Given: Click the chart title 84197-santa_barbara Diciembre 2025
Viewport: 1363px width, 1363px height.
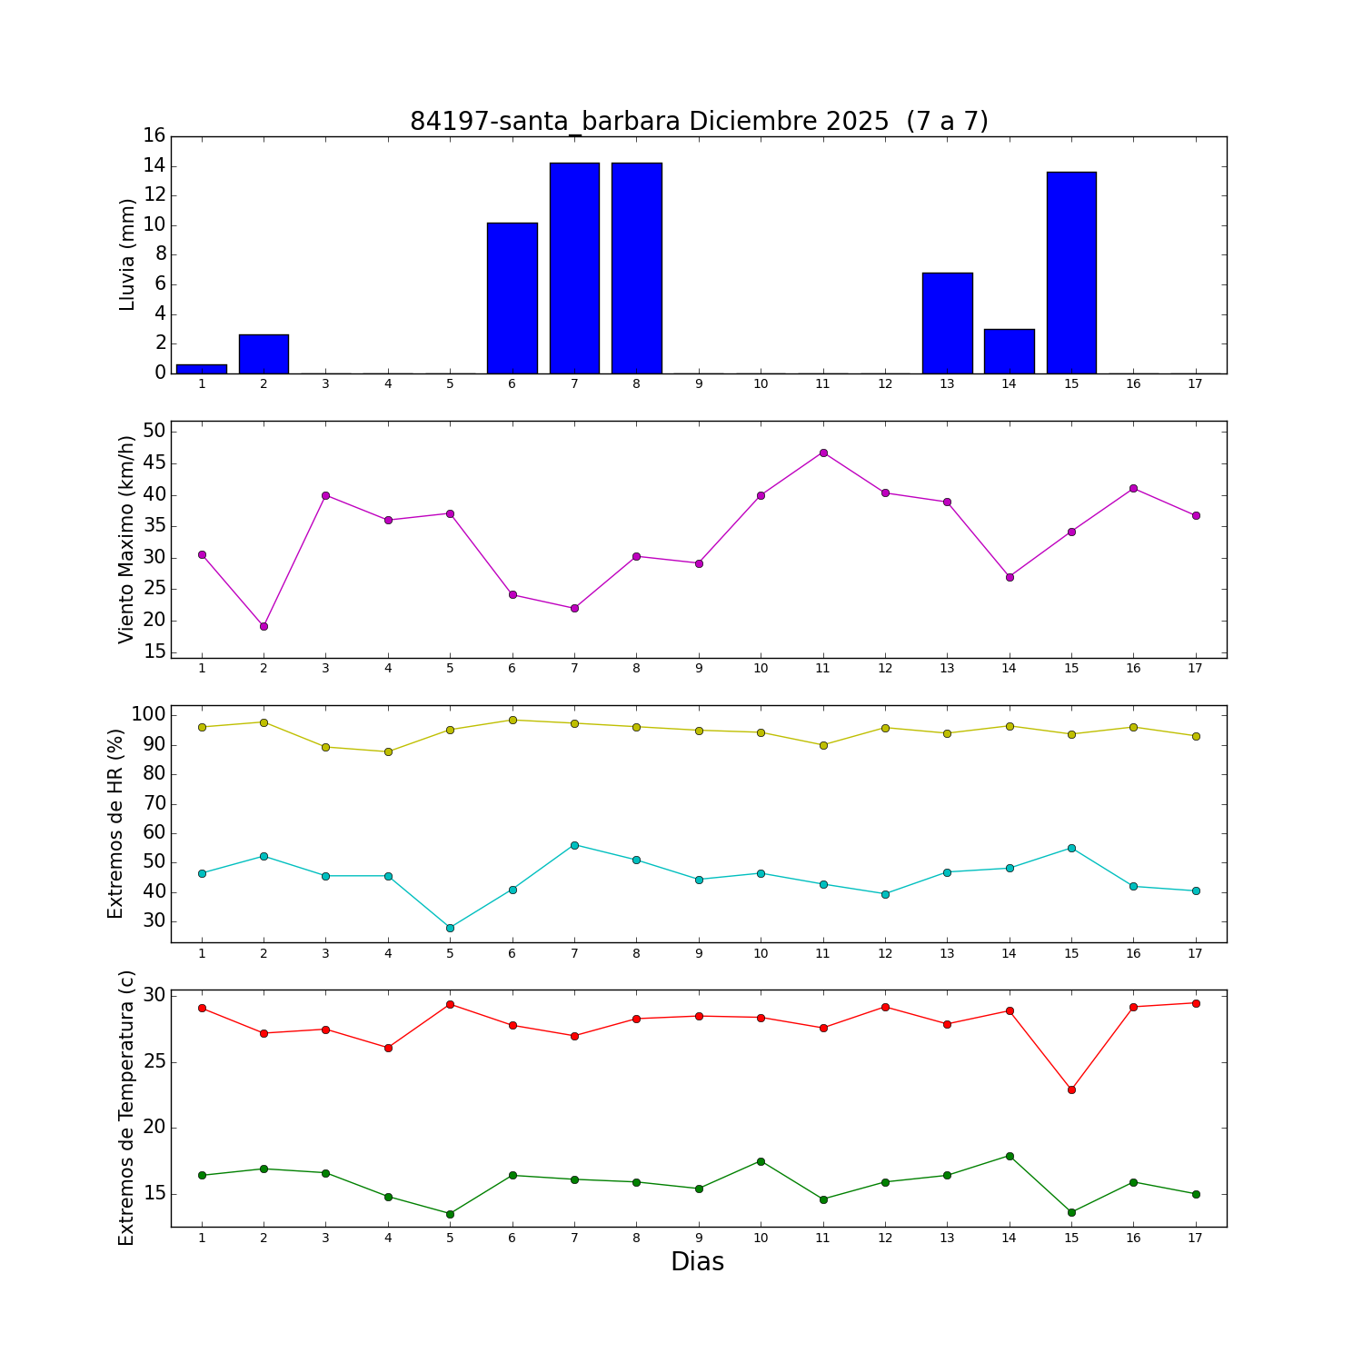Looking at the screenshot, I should tap(698, 122).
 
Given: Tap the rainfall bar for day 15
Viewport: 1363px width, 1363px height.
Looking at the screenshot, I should tap(1071, 273).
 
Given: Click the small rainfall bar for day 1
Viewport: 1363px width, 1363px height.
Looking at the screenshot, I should tap(202, 369).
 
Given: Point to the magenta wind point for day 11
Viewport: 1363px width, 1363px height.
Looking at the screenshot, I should tap(823, 453).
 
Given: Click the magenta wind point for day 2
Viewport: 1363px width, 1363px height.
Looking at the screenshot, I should tap(264, 626).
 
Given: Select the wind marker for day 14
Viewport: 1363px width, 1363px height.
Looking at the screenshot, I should tap(1010, 577).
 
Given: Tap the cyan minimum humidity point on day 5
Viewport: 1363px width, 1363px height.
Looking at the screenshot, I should tap(450, 928).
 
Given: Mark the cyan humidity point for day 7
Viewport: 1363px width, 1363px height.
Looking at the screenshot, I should tap(574, 845).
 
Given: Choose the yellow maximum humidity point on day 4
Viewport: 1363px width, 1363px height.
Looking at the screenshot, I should tap(388, 751).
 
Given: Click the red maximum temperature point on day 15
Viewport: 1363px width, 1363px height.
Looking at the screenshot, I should tap(1071, 1089).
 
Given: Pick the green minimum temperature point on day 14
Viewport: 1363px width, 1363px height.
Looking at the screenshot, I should tap(1010, 1156).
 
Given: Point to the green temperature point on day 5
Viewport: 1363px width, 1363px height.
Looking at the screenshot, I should tap(450, 1214).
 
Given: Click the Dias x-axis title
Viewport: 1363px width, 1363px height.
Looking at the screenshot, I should tap(697, 1262).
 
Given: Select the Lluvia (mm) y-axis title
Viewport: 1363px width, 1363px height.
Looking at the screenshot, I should tap(127, 254).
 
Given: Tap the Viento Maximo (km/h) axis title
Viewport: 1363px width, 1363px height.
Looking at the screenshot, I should tap(127, 539).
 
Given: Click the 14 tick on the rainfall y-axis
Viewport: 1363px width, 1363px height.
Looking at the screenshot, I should tap(154, 165).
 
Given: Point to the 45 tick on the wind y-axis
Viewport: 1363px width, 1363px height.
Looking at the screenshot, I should tap(154, 463).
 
